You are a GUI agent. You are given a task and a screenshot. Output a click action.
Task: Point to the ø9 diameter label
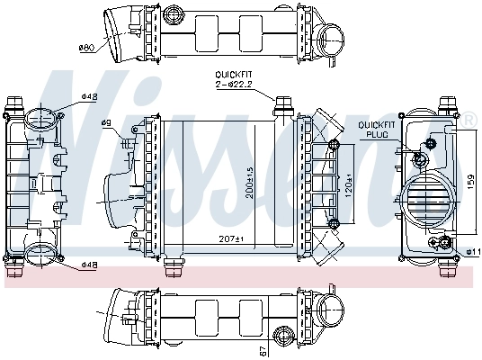coord(130,123)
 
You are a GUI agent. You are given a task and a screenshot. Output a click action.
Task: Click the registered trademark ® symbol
coord(469,119)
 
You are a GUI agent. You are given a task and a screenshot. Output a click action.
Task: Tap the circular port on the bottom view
coord(330,316)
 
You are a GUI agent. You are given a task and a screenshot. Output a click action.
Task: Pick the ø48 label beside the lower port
coord(89,265)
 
